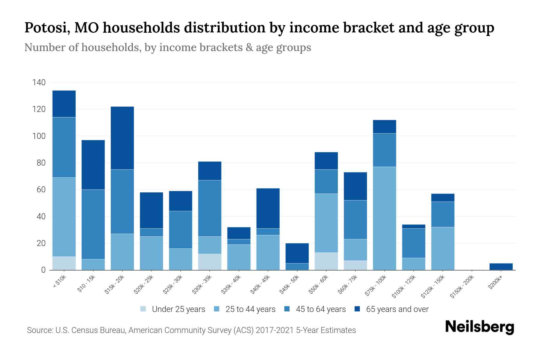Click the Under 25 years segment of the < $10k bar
click(x=64, y=263)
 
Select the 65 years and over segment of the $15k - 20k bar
click(x=122, y=138)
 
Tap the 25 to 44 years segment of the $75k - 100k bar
click(x=384, y=218)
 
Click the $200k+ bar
click(x=501, y=266)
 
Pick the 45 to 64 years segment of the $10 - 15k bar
click(x=93, y=224)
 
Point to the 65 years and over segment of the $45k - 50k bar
click(x=297, y=253)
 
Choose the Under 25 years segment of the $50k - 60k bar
click(x=326, y=261)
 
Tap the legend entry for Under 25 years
click(x=173, y=309)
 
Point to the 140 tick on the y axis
click(x=39, y=82)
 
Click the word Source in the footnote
click(x=39, y=330)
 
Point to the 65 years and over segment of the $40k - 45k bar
click(x=268, y=208)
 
